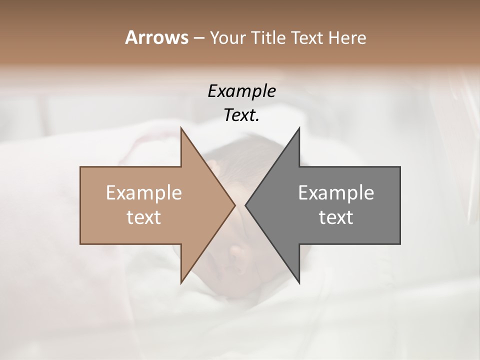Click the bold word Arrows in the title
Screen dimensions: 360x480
(x=155, y=37)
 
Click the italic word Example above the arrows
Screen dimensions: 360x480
(x=241, y=91)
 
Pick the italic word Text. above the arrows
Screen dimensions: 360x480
(x=241, y=115)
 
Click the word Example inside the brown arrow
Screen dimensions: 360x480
(x=144, y=192)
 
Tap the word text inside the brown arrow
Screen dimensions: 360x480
(x=144, y=217)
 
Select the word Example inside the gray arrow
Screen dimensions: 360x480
(x=336, y=192)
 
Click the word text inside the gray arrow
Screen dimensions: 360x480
(x=336, y=217)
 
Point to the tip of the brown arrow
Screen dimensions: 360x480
(x=234, y=205)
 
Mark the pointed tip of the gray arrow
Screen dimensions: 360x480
(x=246, y=205)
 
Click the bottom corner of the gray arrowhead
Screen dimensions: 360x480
(x=299, y=282)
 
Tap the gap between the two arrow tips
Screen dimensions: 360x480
(x=240, y=205)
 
